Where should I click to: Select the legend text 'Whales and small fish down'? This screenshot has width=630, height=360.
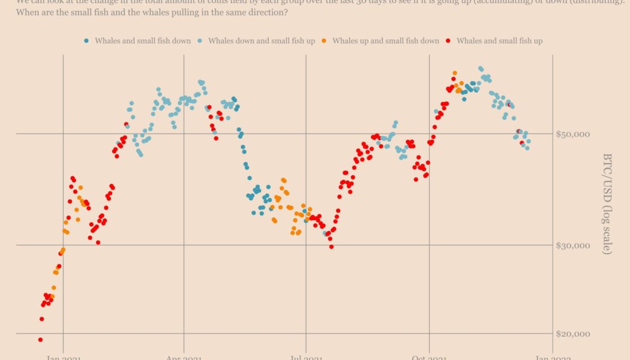[143, 41]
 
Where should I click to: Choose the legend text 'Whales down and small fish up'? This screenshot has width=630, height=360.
[261, 41]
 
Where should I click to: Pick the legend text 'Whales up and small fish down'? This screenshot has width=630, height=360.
[386, 41]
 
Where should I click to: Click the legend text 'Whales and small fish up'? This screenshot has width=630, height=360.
[499, 41]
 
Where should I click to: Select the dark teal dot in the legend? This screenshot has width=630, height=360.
[86, 41]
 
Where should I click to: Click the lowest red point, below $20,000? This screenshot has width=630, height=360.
[40, 340]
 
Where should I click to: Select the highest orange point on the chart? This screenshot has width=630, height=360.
[454, 73]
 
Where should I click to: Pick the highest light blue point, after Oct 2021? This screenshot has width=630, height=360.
[481, 69]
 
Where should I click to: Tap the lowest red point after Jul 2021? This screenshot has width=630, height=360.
[331, 247]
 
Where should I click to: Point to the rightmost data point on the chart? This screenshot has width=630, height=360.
[528, 142]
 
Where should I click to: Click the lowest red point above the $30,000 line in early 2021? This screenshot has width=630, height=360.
[98, 242]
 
